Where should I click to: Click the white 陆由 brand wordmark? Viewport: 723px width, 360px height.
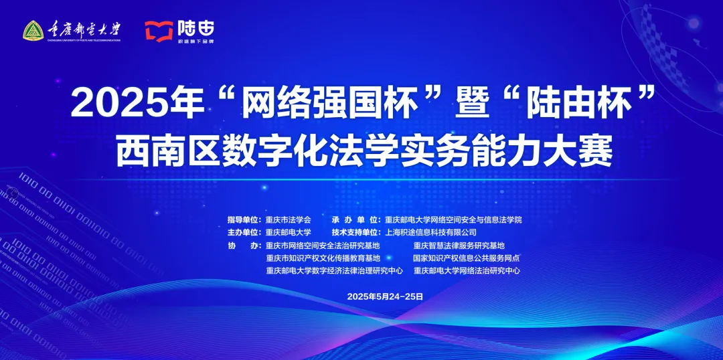(x=195, y=28)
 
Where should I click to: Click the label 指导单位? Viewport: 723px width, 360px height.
(x=246, y=219)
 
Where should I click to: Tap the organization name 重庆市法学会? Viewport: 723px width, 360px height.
(x=289, y=219)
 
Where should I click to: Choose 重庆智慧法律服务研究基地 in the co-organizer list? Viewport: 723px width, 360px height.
(x=459, y=246)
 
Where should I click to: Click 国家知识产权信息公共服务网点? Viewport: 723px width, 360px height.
(x=466, y=258)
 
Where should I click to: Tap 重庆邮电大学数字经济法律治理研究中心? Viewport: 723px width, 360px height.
(x=334, y=271)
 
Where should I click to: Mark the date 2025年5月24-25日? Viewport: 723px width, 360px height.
(x=385, y=296)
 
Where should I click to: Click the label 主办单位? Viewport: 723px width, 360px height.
(x=246, y=232)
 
